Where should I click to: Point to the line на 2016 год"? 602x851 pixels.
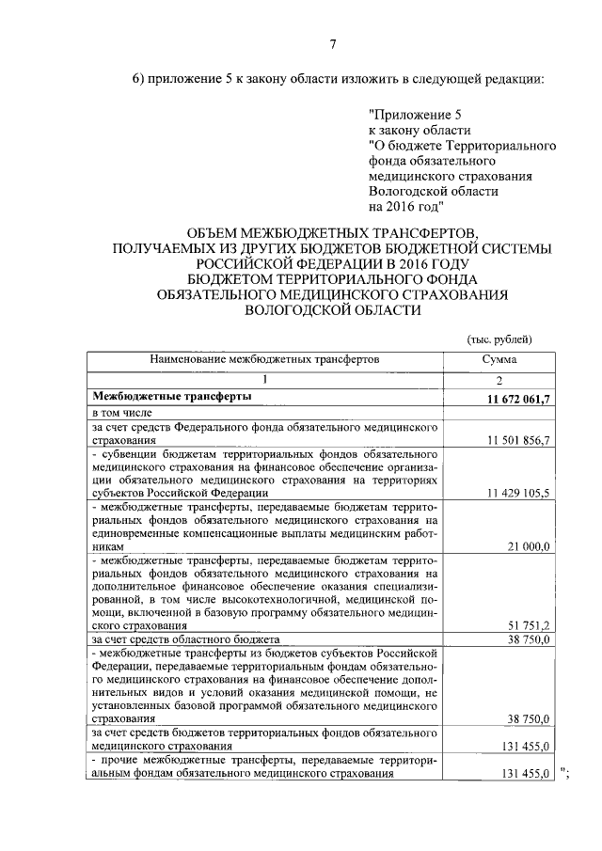click(402, 206)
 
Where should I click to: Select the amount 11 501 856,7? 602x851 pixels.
click(518, 440)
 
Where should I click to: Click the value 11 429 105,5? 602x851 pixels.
click(518, 493)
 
